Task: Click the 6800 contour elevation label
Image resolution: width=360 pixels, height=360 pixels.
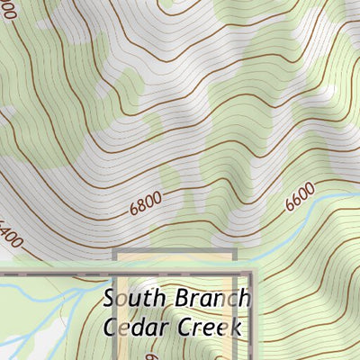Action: coord(148,205)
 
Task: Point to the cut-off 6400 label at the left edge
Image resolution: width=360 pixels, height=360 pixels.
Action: coord(11,235)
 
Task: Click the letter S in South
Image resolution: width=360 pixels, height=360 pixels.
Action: coord(109,298)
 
